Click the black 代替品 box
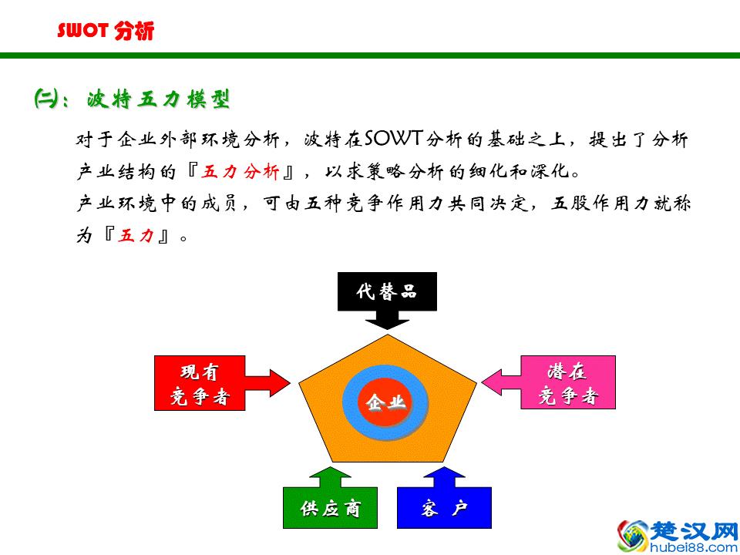pyautogui.click(x=387, y=291)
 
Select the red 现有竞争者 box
pyautogui.click(x=200, y=384)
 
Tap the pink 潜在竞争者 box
pyautogui.click(x=568, y=383)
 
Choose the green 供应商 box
pyautogui.click(x=330, y=508)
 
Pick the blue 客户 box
pyautogui.click(x=444, y=508)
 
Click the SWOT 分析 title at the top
pyautogui.click(x=106, y=31)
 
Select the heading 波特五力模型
pyautogui.click(x=158, y=99)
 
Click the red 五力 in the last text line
pyautogui.click(x=136, y=236)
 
